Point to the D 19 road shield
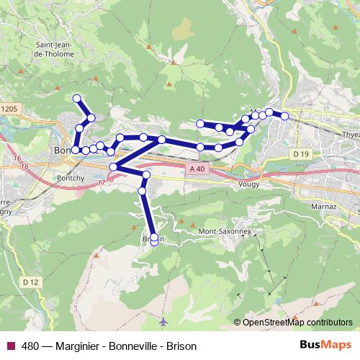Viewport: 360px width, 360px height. click(301, 154)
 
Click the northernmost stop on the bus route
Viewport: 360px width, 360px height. click(77, 99)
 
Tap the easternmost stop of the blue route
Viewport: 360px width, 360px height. click(284, 115)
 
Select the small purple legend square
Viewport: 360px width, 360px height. click(10, 346)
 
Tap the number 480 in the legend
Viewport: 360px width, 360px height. click(30, 346)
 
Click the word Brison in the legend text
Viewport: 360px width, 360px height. click(181, 346)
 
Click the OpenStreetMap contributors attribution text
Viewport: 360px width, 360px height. click(297, 322)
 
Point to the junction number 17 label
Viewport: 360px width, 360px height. click(102, 183)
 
